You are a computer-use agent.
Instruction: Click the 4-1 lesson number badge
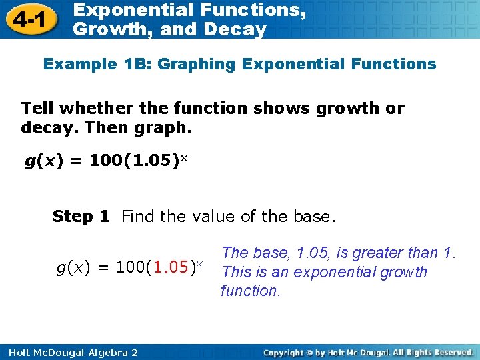pos(31,20)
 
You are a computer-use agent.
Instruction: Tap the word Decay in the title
pos(239,29)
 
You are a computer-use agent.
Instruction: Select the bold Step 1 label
pos(81,216)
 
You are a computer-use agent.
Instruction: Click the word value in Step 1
pos(213,216)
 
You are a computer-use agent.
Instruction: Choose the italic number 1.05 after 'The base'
pos(311,253)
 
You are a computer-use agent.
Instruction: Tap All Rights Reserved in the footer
pos(433,352)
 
